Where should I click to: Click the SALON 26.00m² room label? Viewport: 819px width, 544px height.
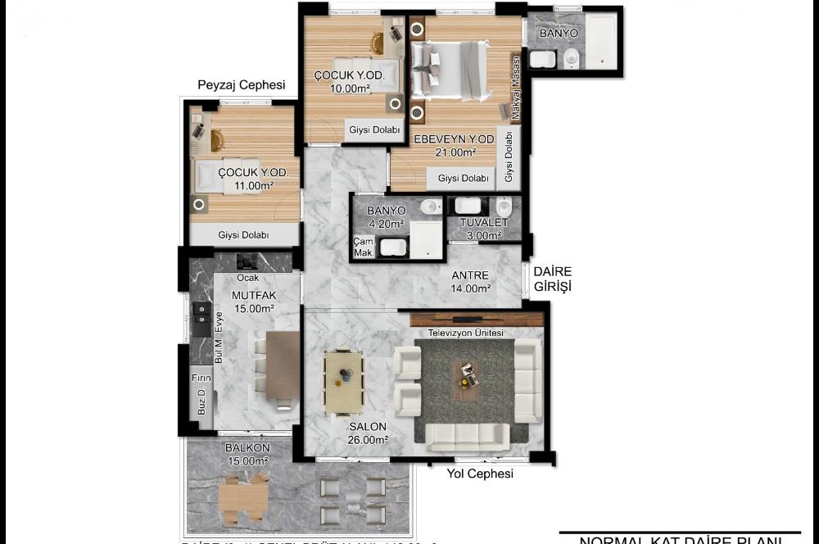click(x=368, y=433)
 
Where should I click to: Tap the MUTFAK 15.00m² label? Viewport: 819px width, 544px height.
click(x=252, y=301)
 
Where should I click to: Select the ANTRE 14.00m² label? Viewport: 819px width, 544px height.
click(x=471, y=281)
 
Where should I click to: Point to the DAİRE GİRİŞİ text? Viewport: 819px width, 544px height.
click(x=552, y=279)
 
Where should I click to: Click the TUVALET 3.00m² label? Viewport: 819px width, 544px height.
click(x=483, y=229)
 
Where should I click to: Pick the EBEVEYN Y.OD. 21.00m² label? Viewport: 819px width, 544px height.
click(x=455, y=146)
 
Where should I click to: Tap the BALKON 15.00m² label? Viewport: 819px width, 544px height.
click(x=247, y=455)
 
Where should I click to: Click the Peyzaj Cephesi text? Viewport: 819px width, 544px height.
click(x=242, y=85)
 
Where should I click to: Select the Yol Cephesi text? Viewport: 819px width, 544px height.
click(x=480, y=474)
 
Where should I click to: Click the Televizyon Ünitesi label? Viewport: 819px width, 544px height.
click(x=465, y=333)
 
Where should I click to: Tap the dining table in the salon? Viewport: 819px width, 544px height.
click(x=343, y=382)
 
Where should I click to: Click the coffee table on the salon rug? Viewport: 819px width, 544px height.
click(x=467, y=375)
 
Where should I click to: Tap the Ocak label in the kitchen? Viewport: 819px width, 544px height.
click(x=247, y=278)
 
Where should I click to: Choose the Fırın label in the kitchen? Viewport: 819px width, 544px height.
click(x=201, y=378)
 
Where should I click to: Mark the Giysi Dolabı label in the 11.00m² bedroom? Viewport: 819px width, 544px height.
click(x=244, y=235)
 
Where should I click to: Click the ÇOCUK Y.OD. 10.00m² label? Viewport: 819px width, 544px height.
click(x=344, y=82)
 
